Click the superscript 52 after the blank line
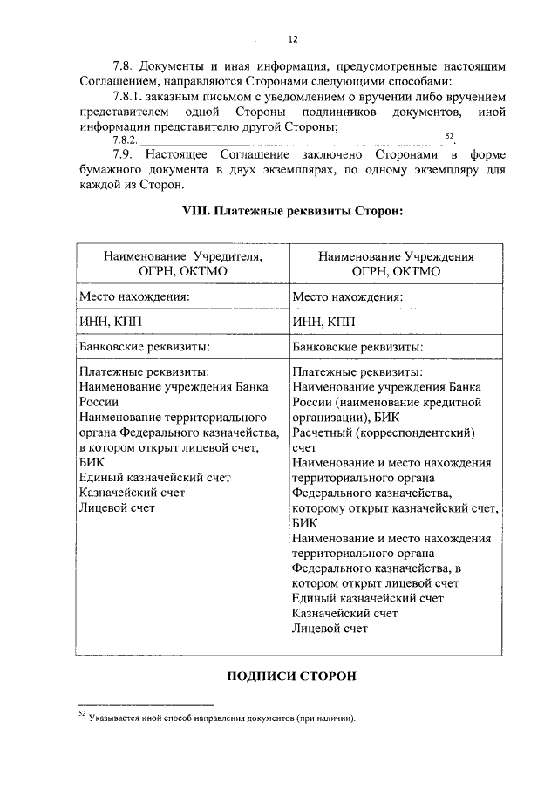(x=449, y=137)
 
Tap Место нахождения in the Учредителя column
(x=135, y=296)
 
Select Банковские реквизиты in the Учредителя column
(x=144, y=346)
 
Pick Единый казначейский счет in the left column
(x=153, y=477)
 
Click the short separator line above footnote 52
(x=145, y=704)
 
